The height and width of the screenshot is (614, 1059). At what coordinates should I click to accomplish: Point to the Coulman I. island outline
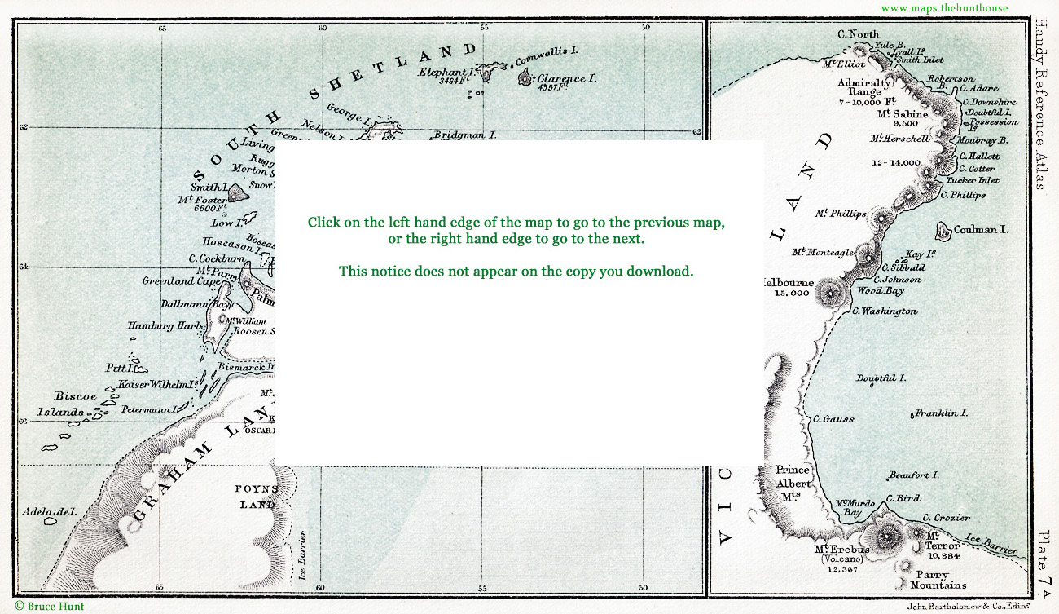coord(943,232)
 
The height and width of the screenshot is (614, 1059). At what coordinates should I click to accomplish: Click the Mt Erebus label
coord(842,550)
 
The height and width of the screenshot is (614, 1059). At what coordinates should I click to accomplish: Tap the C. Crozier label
coord(946,518)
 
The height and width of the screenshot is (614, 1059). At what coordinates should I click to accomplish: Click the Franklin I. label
coord(942,413)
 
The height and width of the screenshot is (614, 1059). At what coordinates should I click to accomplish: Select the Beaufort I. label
coord(914,475)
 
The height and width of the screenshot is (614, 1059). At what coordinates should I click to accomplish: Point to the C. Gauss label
coord(833,418)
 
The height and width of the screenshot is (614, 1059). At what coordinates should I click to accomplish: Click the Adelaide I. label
coord(49,512)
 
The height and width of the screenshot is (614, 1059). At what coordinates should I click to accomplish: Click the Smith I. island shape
coord(237,193)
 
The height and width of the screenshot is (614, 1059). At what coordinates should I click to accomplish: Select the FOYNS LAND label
coord(257,497)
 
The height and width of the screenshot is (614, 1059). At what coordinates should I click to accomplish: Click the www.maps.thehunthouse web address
coord(944,8)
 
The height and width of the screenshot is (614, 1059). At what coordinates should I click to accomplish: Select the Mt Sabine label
coord(902,114)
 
